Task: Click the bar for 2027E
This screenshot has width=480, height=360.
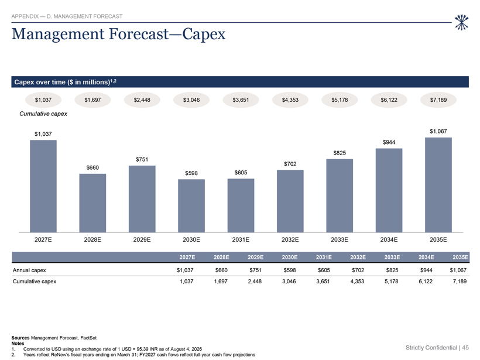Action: pos(43,186)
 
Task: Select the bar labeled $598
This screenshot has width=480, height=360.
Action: pos(191,205)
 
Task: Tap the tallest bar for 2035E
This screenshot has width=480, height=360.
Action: pos(438,185)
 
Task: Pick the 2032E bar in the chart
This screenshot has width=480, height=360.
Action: pos(290,201)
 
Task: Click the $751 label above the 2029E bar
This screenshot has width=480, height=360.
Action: pos(142,159)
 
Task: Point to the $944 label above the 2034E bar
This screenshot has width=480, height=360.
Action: pos(389,142)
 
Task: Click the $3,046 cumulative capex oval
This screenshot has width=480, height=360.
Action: pos(191,100)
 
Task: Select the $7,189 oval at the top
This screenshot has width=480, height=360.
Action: pos(438,100)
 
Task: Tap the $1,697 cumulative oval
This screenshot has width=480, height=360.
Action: pos(92,100)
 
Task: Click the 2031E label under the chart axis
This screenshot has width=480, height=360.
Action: pos(241,239)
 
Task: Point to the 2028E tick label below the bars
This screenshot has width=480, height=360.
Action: pos(92,239)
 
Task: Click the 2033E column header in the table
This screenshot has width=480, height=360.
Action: pos(392,257)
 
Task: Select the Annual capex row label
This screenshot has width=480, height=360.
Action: pos(29,270)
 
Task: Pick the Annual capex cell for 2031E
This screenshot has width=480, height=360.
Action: pos(324,270)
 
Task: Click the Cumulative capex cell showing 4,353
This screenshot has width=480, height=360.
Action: pos(357,282)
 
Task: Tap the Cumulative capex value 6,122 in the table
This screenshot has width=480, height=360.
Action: pos(426,282)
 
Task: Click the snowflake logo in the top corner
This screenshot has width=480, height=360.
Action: pos(462,23)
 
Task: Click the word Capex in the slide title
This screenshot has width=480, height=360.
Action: pos(204,35)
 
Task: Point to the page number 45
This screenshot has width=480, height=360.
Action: pos(465,348)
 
